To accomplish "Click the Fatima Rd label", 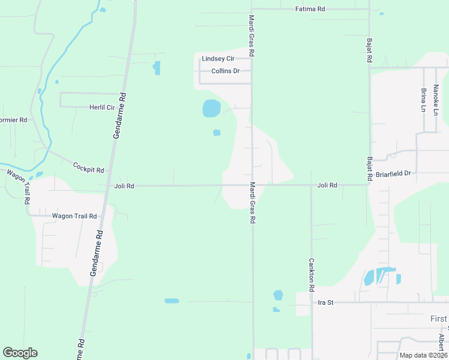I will point(310,9).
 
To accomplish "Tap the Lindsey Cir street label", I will point(218,59).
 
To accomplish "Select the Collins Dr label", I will point(225,71).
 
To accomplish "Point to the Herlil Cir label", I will point(101,107).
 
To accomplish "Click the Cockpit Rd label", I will point(88,167).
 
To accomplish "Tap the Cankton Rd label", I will point(312,275).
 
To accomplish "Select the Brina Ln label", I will point(423,100).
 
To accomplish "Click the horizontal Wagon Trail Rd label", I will point(74,216).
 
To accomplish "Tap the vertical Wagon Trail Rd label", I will point(19,187).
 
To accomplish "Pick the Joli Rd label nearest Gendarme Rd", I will point(124,186).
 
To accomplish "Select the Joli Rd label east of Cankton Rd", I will point(327,185).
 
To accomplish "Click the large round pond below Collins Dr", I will point(211,109).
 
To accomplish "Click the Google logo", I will point(20,353).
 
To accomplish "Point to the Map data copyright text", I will point(423,355).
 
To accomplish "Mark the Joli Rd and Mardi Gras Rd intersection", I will point(252,185).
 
